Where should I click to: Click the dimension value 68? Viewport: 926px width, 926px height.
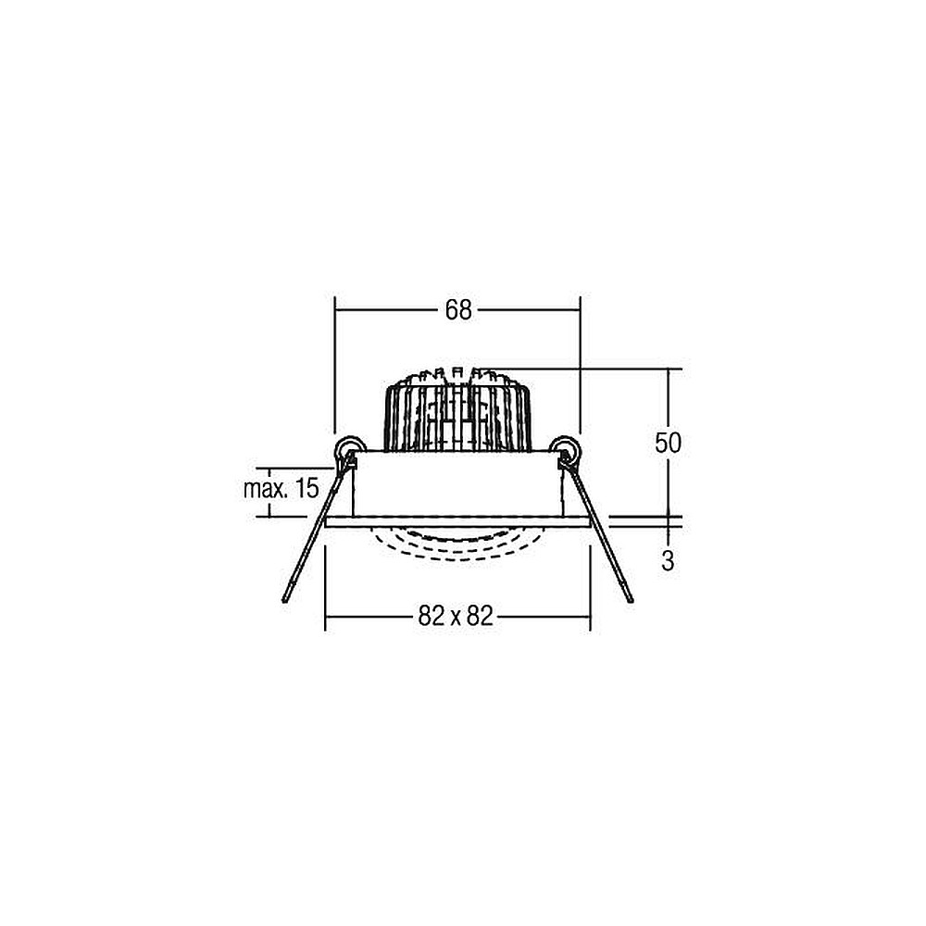point(458,309)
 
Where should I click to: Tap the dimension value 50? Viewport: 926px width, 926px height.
point(668,443)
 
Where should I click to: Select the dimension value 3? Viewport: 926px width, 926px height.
point(668,560)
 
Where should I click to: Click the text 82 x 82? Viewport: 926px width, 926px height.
point(456,616)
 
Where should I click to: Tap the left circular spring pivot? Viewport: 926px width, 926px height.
point(349,450)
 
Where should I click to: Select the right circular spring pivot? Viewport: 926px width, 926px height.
point(566,450)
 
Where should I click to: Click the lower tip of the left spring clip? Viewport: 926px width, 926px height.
point(284,601)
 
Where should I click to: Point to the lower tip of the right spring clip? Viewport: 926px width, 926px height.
point(632,600)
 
